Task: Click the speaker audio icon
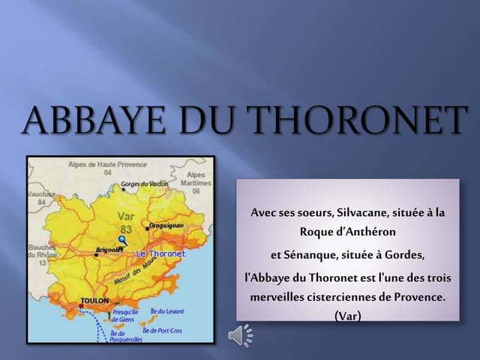(x=240, y=335)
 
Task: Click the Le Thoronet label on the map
(x=160, y=253)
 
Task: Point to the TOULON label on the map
(x=94, y=301)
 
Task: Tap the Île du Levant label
(x=166, y=311)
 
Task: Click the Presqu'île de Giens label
(x=125, y=315)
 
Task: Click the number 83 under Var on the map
(x=126, y=229)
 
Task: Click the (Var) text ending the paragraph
(x=347, y=316)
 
